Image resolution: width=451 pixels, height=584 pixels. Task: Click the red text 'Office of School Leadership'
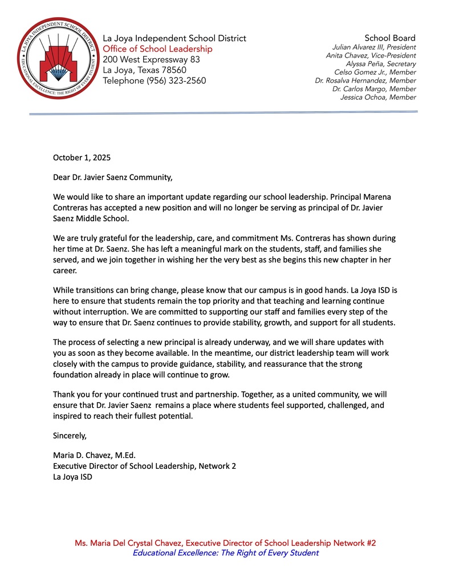tap(157, 49)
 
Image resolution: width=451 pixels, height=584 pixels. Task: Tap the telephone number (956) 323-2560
tap(155, 81)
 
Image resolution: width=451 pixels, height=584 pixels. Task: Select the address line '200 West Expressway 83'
tap(151, 59)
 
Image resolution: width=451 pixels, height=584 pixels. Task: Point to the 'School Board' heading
tap(390, 38)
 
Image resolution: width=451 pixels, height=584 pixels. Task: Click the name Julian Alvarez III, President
tap(374, 47)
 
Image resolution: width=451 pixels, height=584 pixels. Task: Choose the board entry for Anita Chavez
tap(371, 56)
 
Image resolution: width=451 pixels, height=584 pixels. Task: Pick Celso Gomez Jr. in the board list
tap(375, 72)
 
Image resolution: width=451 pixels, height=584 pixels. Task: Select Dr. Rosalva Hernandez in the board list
tap(365, 81)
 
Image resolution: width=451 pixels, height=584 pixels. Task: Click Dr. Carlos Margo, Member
tap(374, 89)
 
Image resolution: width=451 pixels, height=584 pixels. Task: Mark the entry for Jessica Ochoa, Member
tap(378, 98)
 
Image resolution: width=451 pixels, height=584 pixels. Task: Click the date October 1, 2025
tap(82, 157)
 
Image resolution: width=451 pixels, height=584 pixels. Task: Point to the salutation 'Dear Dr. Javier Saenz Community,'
tap(112, 177)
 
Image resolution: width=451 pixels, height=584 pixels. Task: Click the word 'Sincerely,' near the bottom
tap(70, 436)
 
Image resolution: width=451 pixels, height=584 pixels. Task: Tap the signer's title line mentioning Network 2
tap(144, 466)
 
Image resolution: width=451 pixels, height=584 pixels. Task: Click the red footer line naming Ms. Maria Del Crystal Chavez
tap(225, 543)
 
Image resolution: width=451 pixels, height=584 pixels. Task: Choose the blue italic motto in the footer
tap(225, 553)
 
